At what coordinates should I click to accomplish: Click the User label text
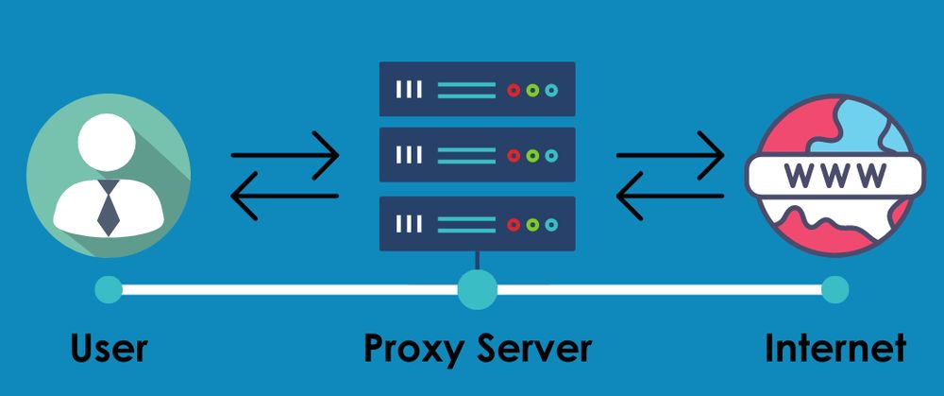(109, 349)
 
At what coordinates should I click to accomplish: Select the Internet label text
(835, 349)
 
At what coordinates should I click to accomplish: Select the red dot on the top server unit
(514, 91)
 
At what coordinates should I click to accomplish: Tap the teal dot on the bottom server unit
(551, 224)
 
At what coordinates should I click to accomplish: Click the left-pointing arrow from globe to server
(670, 196)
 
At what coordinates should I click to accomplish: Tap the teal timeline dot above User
(109, 290)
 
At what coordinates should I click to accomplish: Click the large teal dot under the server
(477, 290)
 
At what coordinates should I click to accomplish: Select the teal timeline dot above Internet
(834, 290)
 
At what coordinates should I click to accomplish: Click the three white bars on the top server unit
(409, 91)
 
